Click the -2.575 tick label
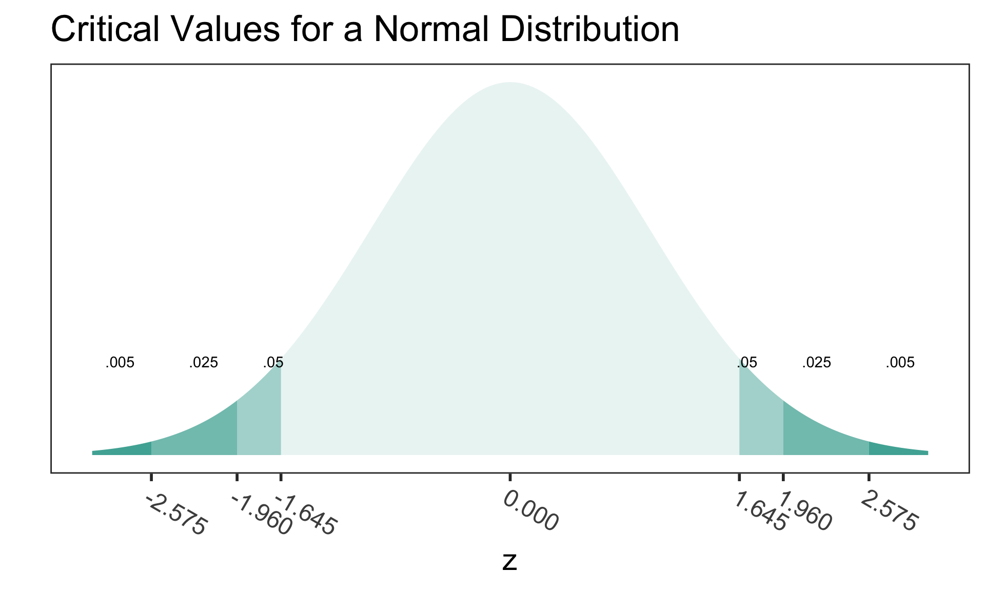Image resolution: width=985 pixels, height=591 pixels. [176, 515]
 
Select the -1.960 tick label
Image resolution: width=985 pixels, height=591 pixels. [261, 515]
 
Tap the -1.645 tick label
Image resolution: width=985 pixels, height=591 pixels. [306, 515]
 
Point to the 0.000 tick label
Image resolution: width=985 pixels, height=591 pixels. [530, 511]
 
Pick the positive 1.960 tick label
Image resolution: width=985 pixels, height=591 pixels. [804, 512]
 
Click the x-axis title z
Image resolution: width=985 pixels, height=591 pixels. [509, 562]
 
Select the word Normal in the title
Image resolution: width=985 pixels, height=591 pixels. [425, 30]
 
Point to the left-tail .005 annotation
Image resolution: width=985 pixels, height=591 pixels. [120, 363]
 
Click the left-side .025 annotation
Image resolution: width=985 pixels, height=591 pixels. [204, 363]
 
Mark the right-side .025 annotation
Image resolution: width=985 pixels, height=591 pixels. [816, 363]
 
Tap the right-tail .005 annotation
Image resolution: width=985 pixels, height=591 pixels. [900, 363]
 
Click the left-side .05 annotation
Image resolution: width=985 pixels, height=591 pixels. [273, 363]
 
